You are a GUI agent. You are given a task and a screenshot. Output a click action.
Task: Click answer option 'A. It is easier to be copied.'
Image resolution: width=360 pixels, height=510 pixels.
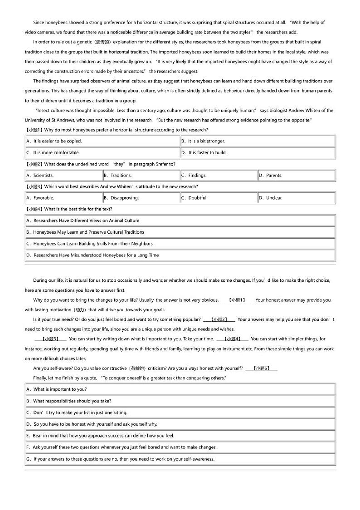(x=54, y=141)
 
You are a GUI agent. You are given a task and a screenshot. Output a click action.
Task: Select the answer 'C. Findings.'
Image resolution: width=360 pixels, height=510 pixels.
(x=194, y=175)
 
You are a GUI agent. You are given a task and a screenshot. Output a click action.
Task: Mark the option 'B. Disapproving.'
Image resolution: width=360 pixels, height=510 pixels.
(x=122, y=198)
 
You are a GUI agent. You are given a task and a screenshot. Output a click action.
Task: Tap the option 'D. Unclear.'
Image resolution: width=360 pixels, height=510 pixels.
(x=271, y=198)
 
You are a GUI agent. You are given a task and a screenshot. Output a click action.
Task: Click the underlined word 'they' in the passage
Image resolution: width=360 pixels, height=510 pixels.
(x=158, y=81)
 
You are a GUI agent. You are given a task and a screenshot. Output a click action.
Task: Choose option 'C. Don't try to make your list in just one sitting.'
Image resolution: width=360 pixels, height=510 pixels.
(x=77, y=412)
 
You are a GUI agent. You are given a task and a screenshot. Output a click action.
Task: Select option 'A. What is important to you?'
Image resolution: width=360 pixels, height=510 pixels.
(x=57, y=389)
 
